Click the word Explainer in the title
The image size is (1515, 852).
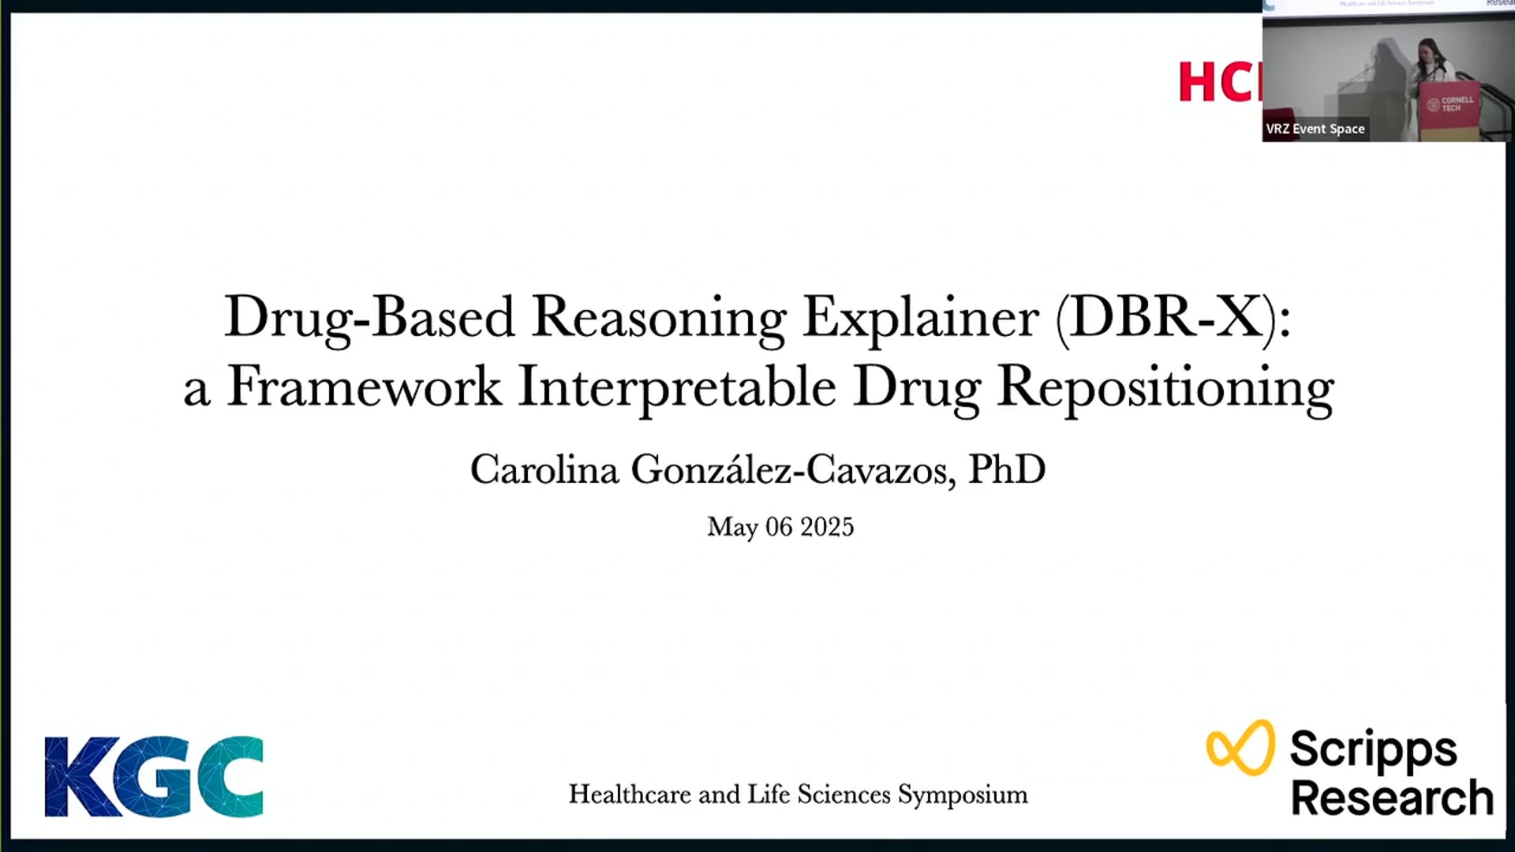pyautogui.click(x=920, y=318)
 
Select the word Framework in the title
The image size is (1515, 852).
pyautogui.click(x=364, y=387)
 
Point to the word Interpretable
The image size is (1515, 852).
pyautogui.click(x=676, y=387)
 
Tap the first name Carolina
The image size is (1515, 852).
pyautogui.click(x=544, y=470)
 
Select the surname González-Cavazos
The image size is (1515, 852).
pyautogui.click(x=793, y=470)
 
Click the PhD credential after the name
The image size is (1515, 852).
pyautogui.click(x=1007, y=469)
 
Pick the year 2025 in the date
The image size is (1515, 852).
pyautogui.click(x=827, y=527)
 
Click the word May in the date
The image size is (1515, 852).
pyautogui.click(x=731, y=527)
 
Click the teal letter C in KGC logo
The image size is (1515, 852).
pyautogui.click(x=230, y=776)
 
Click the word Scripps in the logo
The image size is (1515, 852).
pyautogui.click(x=1373, y=749)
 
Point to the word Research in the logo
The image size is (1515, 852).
pyautogui.click(x=1392, y=798)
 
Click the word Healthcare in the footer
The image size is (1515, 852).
pyautogui.click(x=630, y=794)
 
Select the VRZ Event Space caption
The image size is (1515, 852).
pyautogui.click(x=1315, y=129)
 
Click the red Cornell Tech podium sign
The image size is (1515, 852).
pyautogui.click(x=1450, y=104)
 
